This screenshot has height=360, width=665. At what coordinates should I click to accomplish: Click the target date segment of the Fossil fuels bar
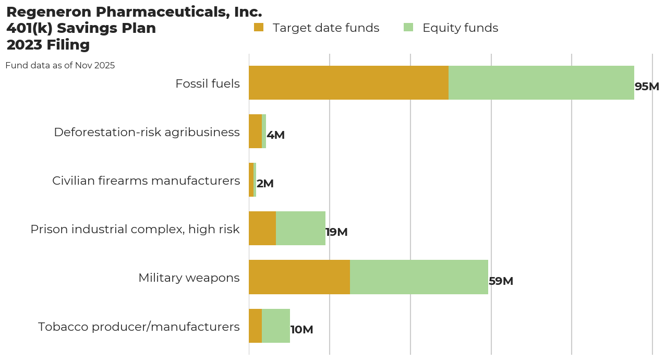[x=348, y=82]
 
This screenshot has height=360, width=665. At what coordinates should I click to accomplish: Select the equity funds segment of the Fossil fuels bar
[x=541, y=82]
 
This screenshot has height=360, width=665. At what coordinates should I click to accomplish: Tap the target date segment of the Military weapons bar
[x=299, y=277]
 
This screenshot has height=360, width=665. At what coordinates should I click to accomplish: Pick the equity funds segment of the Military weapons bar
[x=419, y=277]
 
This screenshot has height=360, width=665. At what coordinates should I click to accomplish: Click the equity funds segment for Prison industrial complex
[x=300, y=229]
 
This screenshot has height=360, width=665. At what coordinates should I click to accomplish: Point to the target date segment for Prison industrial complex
[x=262, y=229]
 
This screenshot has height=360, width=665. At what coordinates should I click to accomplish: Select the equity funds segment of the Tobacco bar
[x=276, y=326]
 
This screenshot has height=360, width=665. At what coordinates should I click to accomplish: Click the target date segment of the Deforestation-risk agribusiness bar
[x=255, y=131]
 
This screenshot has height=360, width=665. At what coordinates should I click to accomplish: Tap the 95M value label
[x=647, y=87]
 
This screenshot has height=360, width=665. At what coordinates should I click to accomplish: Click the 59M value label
[x=501, y=281]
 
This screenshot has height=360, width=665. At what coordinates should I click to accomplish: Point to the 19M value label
[x=336, y=232]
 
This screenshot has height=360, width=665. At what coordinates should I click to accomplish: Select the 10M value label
[x=301, y=330]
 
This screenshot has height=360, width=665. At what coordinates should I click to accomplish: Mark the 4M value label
[x=275, y=135]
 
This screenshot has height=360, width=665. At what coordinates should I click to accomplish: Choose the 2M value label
[x=265, y=184]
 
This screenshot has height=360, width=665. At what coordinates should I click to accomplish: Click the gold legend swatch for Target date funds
[x=259, y=27]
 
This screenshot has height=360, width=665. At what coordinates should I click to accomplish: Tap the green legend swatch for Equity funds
[x=408, y=27]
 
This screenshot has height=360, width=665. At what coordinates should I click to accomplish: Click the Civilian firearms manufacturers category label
[x=146, y=181]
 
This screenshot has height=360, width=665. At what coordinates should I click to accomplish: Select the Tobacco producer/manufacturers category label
[x=139, y=327]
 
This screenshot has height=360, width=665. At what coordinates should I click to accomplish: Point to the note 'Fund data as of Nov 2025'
[x=60, y=66]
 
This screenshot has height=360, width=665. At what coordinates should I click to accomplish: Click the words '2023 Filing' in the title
[x=48, y=45]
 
